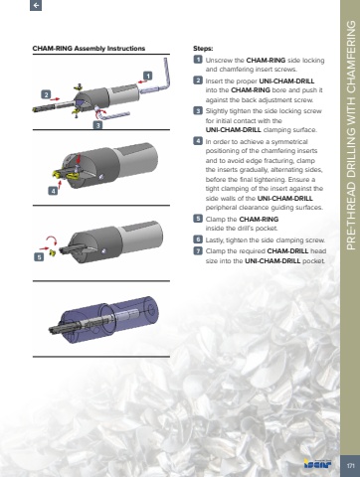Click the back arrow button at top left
(x=36, y=5)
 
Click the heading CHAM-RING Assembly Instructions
(x=89, y=49)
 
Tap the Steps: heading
(x=203, y=49)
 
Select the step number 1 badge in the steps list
(x=198, y=60)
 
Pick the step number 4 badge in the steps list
(x=198, y=141)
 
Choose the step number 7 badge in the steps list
(x=198, y=250)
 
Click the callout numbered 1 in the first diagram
(x=148, y=76)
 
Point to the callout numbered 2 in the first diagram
(x=46, y=94)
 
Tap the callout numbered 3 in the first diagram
(x=97, y=125)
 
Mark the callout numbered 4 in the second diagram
(x=53, y=191)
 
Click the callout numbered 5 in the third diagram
(x=39, y=257)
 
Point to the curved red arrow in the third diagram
(x=52, y=238)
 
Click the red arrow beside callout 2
(x=56, y=98)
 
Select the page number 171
(x=350, y=466)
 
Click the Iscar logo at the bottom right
(x=317, y=464)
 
